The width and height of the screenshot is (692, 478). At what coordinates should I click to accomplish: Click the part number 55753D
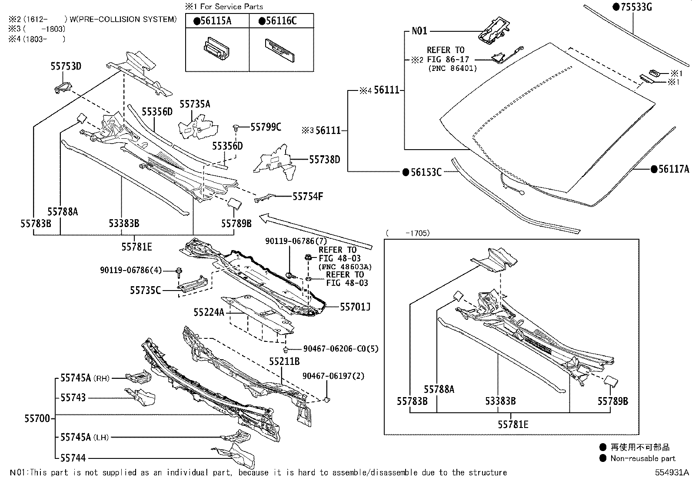click(66, 67)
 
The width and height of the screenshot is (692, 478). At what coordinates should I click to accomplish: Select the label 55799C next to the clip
click(266, 127)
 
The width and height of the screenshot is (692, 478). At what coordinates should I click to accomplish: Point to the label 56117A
click(673, 170)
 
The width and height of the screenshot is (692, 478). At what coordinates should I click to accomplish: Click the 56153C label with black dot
click(425, 173)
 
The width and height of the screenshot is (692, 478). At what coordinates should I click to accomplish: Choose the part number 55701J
click(355, 308)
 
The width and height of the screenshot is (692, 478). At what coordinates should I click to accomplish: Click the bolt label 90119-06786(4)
click(130, 271)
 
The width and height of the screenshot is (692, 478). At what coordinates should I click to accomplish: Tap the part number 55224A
click(209, 312)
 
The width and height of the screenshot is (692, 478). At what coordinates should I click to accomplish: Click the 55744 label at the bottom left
click(73, 458)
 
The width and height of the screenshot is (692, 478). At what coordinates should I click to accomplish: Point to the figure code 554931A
click(672, 472)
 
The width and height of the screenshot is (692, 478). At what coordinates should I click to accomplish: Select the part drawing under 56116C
click(280, 48)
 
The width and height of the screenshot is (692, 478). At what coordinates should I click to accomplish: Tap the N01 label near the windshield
click(419, 31)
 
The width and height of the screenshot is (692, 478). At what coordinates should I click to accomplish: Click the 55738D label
click(324, 160)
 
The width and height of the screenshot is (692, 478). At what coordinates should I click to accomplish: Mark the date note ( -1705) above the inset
click(408, 233)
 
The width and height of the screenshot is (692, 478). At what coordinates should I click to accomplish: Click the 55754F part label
click(308, 197)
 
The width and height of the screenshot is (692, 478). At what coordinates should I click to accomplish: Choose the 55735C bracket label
click(145, 290)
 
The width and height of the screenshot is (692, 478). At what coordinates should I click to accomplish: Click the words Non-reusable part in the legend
click(643, 458)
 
